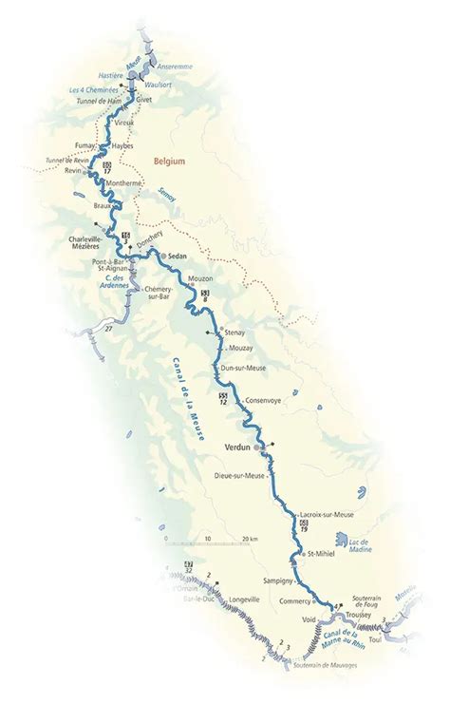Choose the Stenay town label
[234, 333]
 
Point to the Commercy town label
[297, 601]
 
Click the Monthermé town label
[125, 184]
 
